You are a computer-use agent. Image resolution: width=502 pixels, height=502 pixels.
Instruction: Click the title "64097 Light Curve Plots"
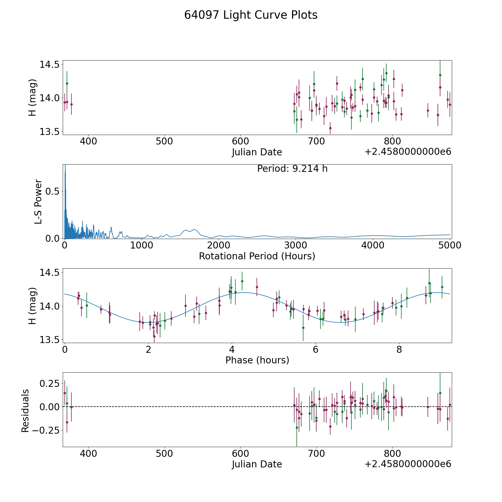[251, 15]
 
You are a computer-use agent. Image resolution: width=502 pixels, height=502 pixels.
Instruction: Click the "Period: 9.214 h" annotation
[292, 169]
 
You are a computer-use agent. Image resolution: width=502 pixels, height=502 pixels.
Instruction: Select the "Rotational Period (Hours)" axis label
[257, 256]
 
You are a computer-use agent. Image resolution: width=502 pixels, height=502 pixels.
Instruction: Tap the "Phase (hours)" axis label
[257, 360]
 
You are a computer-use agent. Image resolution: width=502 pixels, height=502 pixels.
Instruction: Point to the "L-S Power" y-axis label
[38, 201]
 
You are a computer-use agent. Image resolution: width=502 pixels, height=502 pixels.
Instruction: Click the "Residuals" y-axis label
[25, 411]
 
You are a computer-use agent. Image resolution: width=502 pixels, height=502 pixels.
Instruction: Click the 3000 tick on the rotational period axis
[296, 245]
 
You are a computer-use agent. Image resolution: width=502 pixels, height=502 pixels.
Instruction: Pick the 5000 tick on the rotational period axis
[450, 245]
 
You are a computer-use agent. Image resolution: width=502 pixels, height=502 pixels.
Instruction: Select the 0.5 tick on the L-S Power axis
[53, 192]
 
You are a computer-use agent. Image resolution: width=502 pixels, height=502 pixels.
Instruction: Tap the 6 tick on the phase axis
[315, 349]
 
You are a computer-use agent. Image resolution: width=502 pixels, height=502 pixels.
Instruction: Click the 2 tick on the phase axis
[148, 349]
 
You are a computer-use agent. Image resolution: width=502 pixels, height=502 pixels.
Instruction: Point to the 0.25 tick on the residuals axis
[50, 383]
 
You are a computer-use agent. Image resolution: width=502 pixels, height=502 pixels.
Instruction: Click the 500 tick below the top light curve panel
[165, 141]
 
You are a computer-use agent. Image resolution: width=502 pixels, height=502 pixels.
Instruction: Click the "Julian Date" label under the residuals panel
[257, 464]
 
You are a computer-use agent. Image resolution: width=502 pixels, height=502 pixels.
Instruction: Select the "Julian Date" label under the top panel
[257, 152]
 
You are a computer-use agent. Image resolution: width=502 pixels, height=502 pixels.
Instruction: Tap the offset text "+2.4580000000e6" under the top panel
[408, 152]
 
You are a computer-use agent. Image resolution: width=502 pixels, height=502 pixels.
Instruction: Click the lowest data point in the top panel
[330, 128]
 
